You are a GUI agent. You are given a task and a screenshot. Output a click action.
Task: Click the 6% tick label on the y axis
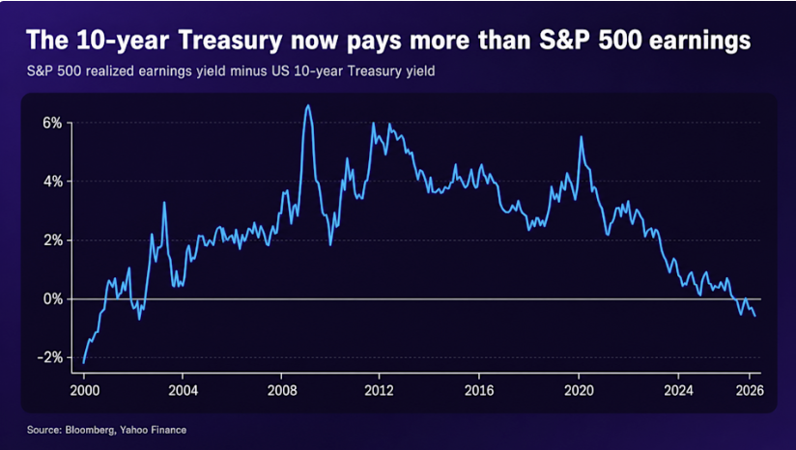(52, 123)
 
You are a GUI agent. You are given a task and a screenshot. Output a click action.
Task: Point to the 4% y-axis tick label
(52, 182)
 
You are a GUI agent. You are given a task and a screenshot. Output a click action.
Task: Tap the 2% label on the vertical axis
(52, 240)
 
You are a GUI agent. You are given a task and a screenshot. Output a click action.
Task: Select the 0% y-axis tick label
(52, 298)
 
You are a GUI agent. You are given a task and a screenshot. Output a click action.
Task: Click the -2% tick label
(49, 357)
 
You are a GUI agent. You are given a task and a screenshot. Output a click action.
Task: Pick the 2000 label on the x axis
(85, 390)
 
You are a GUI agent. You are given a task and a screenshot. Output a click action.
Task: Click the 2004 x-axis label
(183, 390)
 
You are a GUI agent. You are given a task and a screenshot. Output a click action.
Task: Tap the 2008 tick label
(282, 390)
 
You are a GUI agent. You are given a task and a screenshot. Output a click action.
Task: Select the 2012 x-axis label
(380, 390)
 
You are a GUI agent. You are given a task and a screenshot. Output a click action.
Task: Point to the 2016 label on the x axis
(479, 390)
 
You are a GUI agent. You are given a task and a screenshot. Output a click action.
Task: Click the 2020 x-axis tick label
(579, 390)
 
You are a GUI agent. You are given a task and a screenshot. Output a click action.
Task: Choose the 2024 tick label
(678, 390)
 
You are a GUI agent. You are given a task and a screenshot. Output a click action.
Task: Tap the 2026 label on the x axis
(750, 390)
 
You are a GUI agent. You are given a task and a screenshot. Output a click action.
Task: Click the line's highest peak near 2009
(307, 105)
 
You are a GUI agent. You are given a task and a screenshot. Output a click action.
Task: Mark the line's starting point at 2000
(84, 363)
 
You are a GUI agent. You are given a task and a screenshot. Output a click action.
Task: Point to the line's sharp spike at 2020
(581, 136)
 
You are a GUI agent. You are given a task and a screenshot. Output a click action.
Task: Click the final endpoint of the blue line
(755, 316)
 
